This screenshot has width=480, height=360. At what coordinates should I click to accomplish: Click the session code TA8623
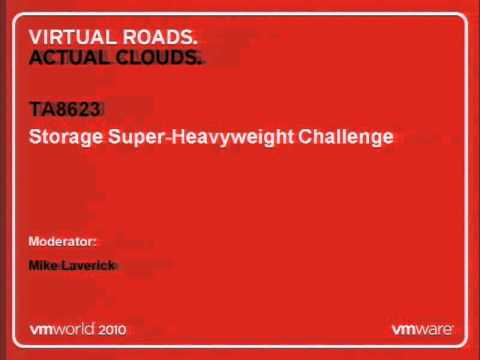click(65, 110)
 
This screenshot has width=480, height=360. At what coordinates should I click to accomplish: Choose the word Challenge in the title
click(346, 137)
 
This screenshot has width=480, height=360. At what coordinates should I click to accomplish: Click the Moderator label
click(61, 242)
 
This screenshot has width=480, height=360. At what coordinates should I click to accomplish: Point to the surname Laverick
click(90, 264)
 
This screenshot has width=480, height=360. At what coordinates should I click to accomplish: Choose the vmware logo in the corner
click(421, 327)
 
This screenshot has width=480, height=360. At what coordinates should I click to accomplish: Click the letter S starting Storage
click(35, 137)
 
